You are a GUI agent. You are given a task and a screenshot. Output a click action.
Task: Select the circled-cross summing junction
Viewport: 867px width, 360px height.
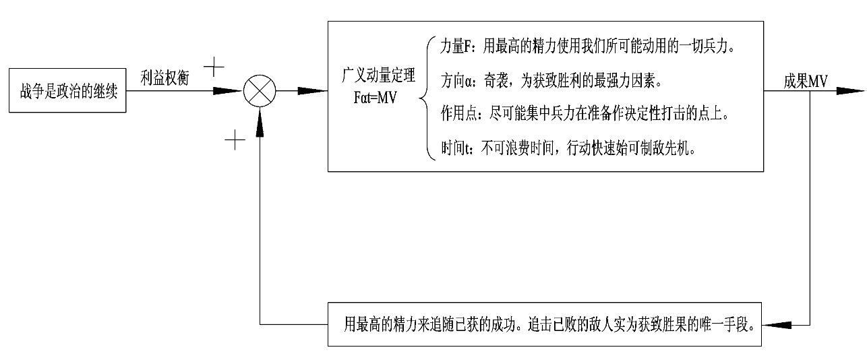[260, 90]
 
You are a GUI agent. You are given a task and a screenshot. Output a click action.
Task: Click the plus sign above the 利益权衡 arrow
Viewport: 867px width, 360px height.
[214, 66]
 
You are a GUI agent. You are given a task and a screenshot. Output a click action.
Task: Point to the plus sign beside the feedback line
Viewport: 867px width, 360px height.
[234, 140]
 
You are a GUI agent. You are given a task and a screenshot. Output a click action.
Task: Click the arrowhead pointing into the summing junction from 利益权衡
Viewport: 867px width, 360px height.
[229, 90]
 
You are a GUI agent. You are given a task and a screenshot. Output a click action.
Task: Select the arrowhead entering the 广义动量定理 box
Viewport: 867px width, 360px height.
[313, 90]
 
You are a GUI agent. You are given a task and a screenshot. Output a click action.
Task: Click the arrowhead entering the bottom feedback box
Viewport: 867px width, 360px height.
[777, 326]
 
